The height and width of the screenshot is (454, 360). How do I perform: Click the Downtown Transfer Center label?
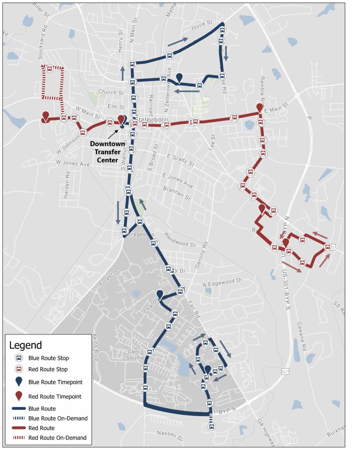[107, 152]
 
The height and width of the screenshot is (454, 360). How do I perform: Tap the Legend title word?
[25, 345]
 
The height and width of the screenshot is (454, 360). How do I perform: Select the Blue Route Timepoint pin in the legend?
[19, 382]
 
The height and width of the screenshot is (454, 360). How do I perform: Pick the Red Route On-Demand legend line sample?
[19, 438]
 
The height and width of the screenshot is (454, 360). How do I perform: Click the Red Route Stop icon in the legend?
[19, 369]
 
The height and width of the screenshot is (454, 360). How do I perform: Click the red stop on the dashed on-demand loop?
[50, 69]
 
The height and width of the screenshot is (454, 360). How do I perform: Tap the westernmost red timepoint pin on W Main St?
[45, 116]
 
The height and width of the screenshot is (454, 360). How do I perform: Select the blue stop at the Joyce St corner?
[222, 30]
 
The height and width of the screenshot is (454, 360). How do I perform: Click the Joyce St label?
[202, 25]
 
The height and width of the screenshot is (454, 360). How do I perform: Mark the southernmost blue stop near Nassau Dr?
[211, 427]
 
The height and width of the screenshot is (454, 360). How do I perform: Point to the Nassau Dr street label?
[170, 436]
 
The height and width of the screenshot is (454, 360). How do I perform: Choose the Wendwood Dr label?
[180, 239]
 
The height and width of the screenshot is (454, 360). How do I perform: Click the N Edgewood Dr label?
[222, 283]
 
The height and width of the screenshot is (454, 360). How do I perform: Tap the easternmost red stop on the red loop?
[327, 247]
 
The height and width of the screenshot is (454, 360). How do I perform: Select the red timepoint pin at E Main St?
[260, 108]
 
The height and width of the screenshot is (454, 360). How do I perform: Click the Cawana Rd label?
[301, 336]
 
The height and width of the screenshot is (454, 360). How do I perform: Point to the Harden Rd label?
[67, 185]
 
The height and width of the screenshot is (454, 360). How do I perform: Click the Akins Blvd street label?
[95, 347]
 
